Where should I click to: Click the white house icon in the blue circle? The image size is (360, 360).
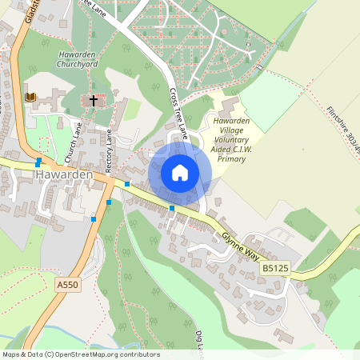(x=180, y=172)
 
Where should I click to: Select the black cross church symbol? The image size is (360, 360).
(x=94, y=101)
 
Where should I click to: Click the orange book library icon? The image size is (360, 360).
(x=31, y=97)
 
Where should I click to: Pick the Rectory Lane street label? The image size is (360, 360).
(x=110, y=150)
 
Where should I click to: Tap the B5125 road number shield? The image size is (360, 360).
(x=274, y=269)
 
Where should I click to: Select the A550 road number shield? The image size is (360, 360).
(x=67, y=285)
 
